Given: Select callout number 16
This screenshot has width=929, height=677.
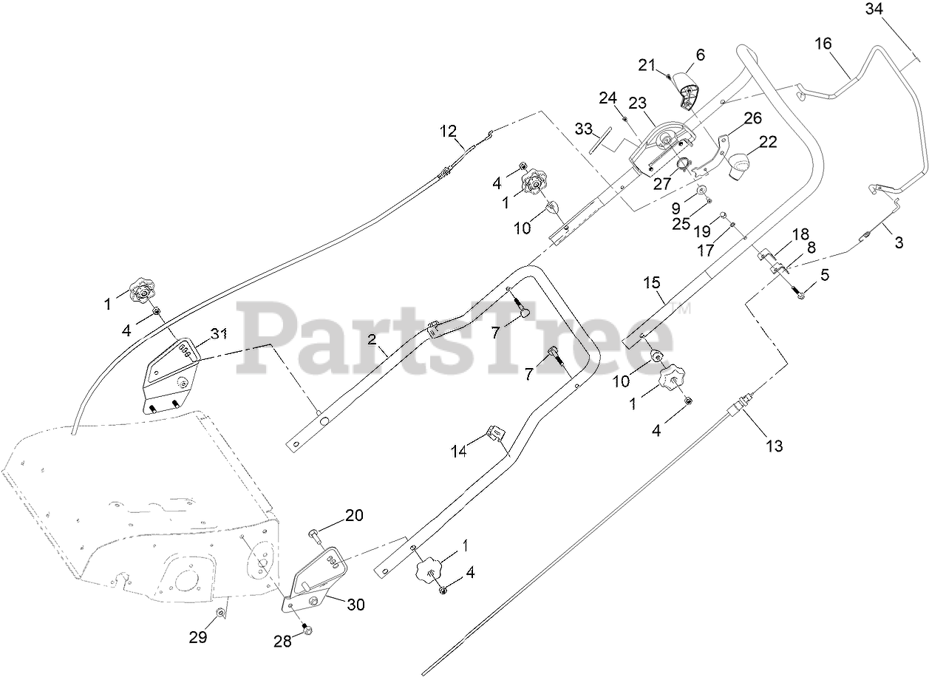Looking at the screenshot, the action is tap(823, 44).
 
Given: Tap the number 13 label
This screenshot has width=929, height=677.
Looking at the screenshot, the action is tap(774, 446).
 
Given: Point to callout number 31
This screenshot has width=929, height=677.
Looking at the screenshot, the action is tap(217, 334).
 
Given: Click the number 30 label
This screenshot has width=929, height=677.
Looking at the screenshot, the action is tap(355, 605).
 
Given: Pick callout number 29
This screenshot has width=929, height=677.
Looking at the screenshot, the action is tap(197, 636).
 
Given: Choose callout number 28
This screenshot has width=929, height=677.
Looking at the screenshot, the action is tap(282, 641).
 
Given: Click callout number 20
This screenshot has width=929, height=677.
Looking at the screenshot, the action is tap(354, 516).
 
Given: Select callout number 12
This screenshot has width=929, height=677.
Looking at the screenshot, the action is tap(449, 132).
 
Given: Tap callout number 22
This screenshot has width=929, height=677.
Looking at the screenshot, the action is tap(768, 143).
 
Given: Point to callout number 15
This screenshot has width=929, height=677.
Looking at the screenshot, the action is tap(651, 282).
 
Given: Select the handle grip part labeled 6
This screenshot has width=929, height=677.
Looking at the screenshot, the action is tap(689, 93).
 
